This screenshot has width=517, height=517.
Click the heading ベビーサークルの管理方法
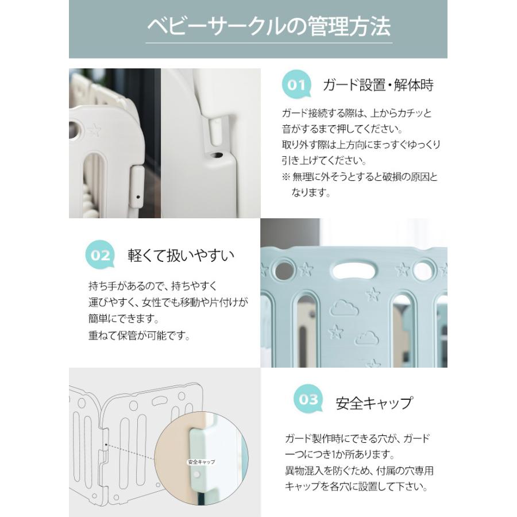click(x=269, y=26)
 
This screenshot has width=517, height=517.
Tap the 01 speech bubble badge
click(x=296, y=85)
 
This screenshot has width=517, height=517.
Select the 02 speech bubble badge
click(x=100, y=255)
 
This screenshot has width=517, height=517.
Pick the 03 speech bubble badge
click(x=308, y=399)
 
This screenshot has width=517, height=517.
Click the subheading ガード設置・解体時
click(x=378, y=85)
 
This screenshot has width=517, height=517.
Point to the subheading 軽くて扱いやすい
click(x=181, y=255)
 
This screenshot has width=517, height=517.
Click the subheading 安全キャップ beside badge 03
click(x=374, y=403)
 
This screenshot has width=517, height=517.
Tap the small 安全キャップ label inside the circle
click(x=201, y=462)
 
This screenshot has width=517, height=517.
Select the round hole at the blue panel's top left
click(x=284, y=270)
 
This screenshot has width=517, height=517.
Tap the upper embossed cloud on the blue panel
click(x=344, y=308)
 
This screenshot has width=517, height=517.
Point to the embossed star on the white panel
click(x=94, y=130)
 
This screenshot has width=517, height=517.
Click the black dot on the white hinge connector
click(x=138, y=197)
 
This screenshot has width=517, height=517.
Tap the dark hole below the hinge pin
click(x=217, y=155)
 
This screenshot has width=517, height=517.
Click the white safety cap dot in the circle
click(x=197, y=475)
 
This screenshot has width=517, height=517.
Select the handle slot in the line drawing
click(x=160, y=400)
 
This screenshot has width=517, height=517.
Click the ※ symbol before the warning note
click(x=285, y=177)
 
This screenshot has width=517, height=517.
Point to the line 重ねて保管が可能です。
click(x=140, y=335)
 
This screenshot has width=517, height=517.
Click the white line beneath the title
click(x=269, y=43)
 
